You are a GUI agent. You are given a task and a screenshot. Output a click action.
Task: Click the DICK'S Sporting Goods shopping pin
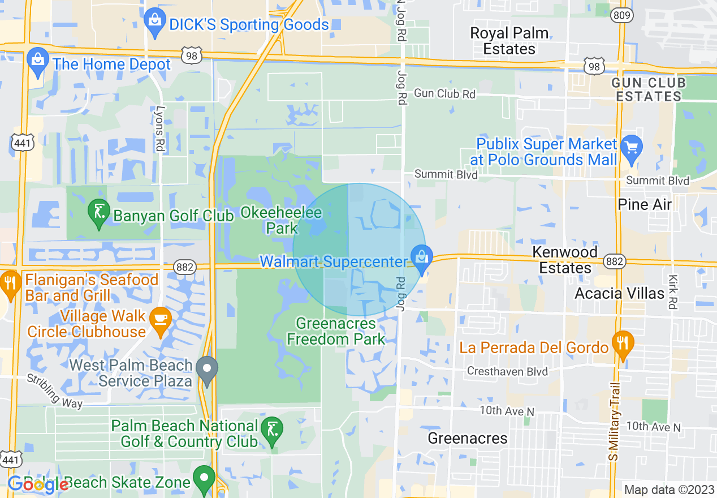(x=154, y=22)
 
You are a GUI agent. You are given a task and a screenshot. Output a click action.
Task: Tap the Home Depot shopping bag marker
(x=38, y=62)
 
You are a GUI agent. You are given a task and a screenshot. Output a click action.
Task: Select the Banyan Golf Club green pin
(x=99, y=213)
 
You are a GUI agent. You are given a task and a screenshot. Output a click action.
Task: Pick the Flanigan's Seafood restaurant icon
(x=10, y=285)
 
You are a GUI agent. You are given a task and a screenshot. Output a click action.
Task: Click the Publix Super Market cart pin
(x=631, y=148)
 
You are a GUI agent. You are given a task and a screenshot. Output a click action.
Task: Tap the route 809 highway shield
(x=622, y=15)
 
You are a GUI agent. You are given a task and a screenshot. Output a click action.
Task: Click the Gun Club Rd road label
(x=444, y=94)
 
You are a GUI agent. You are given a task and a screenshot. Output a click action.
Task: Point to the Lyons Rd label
(x=161, y=129)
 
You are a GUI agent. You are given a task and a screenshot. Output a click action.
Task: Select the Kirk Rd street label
(x=672, y=291)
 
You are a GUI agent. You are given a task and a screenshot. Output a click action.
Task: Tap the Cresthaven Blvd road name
(x=507, y=372)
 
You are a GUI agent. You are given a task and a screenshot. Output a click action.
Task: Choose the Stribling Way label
(x=55, y=391)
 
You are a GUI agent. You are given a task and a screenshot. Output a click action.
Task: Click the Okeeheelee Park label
(x=281, y=221)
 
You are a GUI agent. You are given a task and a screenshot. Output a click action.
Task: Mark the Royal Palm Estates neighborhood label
(x=509, y=41)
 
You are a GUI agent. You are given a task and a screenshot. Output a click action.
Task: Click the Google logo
(x=37, y=484)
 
